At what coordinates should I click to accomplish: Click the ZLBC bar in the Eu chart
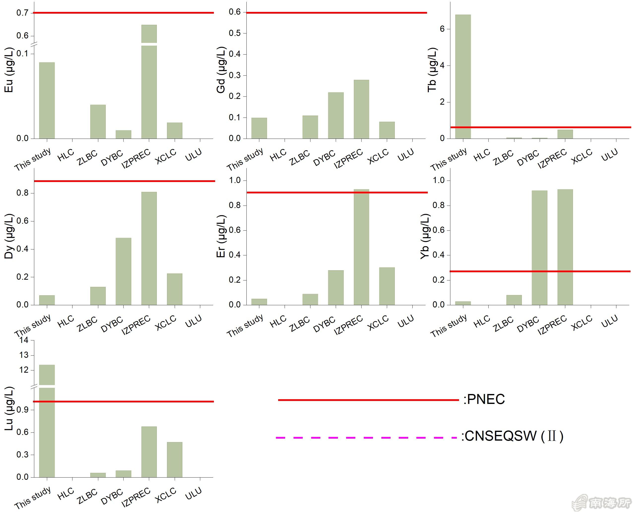[x=98, y=122]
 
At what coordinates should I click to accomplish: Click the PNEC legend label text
[x=484, y=399]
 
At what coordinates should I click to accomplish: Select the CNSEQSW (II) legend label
[x=512, y=436]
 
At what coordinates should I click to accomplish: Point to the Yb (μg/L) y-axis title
[x=425, y=237]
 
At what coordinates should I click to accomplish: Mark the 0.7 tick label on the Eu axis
[x=22, y=13]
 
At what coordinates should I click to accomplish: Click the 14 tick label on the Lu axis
[x=24, y=340]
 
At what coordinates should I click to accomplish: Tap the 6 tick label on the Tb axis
[x=442, y=29]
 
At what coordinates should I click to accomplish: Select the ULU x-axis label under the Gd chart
[x=405, y=155]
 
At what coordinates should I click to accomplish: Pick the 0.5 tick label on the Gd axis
[x=234, y=33]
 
